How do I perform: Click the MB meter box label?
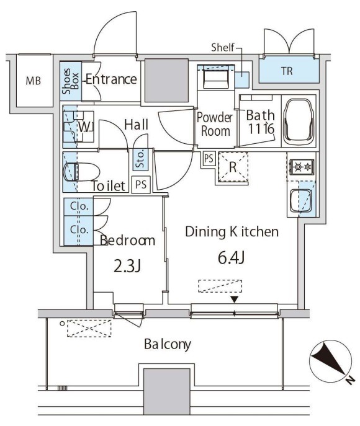tap(33, 81)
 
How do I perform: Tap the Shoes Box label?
tap(70, 81)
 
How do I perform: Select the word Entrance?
tap(111, 79)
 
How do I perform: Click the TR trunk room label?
tap(287, 71)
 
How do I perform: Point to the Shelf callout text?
tap(223, 48)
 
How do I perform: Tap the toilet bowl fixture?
tap(81, 172)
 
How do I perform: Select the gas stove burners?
tap(302, 166)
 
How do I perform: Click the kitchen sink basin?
tap(301, 201)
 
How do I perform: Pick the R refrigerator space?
tap(233, 167)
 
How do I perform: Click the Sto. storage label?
tap(140, 159)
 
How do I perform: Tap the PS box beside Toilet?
tap(141, 185)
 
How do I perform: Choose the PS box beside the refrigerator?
tap(209, 158)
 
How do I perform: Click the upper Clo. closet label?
tap(79, 206)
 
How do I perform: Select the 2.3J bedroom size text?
tap(127, 266)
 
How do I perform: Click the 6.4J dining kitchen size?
tap(231, 258)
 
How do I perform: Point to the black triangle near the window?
tap(235, 300)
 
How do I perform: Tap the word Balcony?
tap(167, 344)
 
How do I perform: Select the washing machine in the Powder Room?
tap(216, 79)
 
